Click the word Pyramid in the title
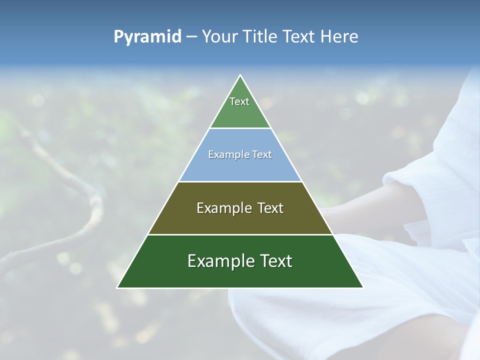147,37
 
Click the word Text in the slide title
298,36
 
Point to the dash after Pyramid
191,37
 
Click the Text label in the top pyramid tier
239,101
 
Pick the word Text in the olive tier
270,208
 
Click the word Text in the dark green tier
275,261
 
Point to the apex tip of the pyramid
240,75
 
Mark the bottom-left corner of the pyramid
117,287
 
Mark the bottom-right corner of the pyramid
363,287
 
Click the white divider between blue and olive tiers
240,181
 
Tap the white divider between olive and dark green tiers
240,234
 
